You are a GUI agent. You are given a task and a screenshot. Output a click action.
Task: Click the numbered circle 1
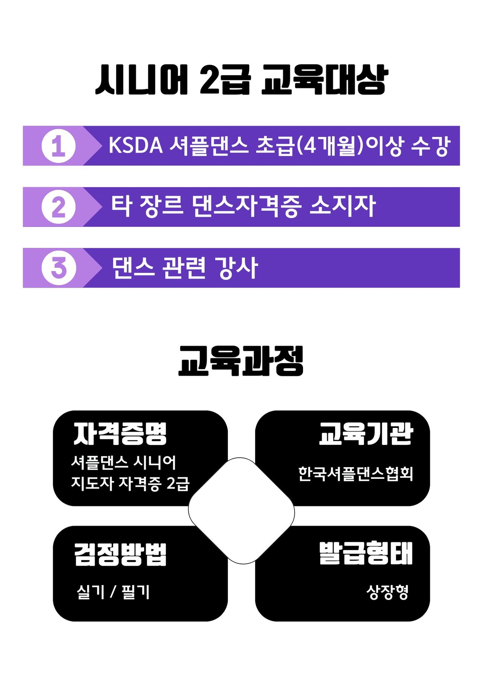(58, 146)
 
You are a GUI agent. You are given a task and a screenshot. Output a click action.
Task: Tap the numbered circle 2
(58, 207)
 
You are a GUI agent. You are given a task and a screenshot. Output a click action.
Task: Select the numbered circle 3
(58, 268)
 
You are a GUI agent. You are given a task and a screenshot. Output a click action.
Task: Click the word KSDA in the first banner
(135, 146)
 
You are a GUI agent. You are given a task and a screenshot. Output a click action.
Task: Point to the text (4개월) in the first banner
(330, 146)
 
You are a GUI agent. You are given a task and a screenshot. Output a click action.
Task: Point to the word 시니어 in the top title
(142, 80)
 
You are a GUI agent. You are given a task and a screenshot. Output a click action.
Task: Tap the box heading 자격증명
(120, 434)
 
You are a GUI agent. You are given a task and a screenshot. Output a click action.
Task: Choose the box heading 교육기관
(366, 434)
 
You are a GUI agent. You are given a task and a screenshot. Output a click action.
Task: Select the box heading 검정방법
(120, 554)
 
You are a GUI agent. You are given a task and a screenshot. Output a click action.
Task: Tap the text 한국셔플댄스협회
(355, 474)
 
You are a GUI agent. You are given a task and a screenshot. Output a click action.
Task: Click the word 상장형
(387, 592)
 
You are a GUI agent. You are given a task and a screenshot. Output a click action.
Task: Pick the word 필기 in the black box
(136, 592)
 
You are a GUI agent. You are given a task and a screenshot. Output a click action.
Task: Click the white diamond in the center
(241, 511)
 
